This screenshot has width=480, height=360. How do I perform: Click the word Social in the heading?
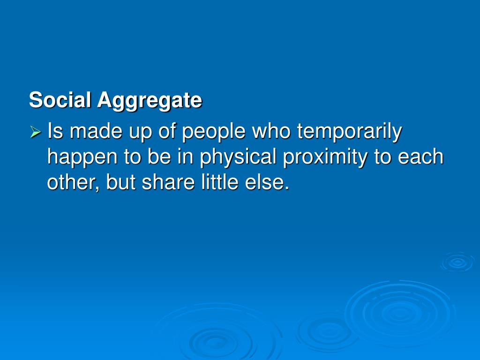61,100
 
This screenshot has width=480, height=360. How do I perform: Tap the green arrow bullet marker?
36,133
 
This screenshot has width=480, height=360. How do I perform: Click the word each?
420,157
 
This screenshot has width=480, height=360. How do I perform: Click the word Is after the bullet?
55,132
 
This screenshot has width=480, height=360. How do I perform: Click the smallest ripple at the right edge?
457,262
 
